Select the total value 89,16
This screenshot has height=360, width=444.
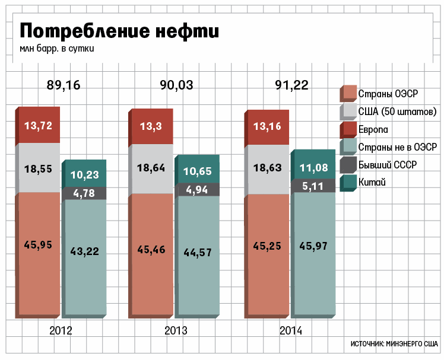[x=63, y=85]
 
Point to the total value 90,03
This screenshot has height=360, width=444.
[x=176, y=85]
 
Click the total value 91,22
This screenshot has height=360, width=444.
[x=291, y=85]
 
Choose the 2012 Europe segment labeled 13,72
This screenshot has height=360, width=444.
[x=38, y=125]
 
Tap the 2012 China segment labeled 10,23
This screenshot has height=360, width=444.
[x=85, y=174]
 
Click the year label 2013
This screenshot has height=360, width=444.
[x=176, y=330]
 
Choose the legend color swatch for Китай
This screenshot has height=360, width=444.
[x=348, y=183]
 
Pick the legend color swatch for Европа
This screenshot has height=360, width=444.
[x=348, y=129]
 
